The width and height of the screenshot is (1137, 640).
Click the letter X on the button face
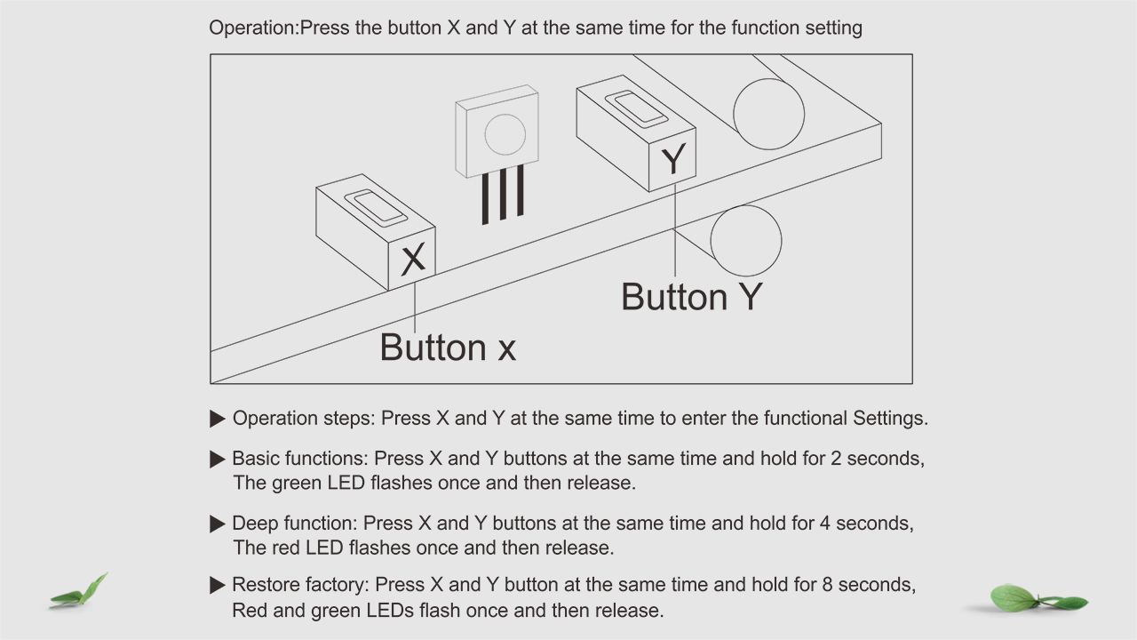pyautogui.click(x=413, y=259)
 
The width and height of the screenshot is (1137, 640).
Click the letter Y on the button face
pyautogui.click(x=673, y=159)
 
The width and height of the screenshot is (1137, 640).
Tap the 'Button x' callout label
pyautogui.click(x=448, y=348)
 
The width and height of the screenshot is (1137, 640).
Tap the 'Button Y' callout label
pyautogui.click(x=692, y=297)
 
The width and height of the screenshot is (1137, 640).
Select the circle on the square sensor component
pyautogui.click(x=505, y=134)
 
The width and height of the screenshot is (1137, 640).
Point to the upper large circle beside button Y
pyautogui.click(x=769, y=114)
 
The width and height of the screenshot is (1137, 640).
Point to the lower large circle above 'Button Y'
pyautogui.click(x=746, y=241)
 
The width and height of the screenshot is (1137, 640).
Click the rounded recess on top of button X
pyautogui.click(x=376, y=208)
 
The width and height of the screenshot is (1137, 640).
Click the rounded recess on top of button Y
pyautogui.click(x=636, y=108)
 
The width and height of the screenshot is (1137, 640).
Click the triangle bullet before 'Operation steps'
pyautogui.click(x=218, y=419)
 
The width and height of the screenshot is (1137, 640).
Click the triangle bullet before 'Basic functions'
pyautogui.click(x=218, y=460)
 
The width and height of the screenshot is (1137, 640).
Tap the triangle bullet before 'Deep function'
pyautogui.click(x=218, y=524)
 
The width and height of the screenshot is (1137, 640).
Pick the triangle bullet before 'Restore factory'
pyautogui.click(x=218, y=585)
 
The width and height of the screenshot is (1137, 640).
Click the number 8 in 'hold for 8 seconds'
pyautogui.click(x=827, y=585)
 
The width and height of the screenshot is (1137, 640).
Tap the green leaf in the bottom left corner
pyautogui.click(x=79, y=591)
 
